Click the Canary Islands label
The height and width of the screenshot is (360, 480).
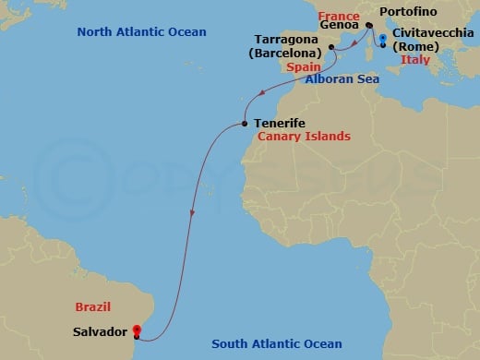[x=304, y=137]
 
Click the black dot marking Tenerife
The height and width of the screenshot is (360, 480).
[x=244, y=123]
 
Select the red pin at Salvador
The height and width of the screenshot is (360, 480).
[x=136, y=329]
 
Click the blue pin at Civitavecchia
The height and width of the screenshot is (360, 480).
[x=382, y=39]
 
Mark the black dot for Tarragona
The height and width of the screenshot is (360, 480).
[x=330, y=45]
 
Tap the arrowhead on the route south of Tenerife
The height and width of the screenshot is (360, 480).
[x=191, y=214]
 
